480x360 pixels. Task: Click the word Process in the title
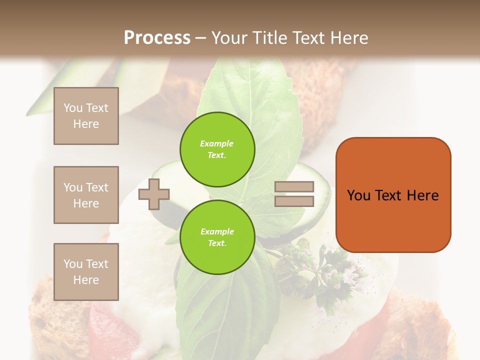click(x=157, y=38)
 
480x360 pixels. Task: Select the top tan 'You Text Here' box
click(x=86, y=116)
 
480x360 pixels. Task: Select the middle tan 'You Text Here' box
click(x=86, y=195)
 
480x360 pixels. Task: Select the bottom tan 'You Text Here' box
click(x=86, y=271)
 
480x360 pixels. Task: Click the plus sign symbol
click(x=154, y=193)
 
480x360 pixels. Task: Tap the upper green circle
click(x=217, y=149)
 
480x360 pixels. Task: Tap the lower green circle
click(x=217, y=237)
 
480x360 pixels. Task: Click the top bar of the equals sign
click(x=294, y=186)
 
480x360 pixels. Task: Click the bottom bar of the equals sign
click(x=294, y=201)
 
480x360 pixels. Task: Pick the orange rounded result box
click(x=393, y=194)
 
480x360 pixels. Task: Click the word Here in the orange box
click(x=423, y=195)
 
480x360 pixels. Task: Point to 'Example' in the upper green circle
click(x=217, y=143)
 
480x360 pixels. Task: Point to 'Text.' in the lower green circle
click(x=217, y=243)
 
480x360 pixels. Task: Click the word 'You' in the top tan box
click(x=73, y=108)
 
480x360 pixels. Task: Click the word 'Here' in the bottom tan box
click(x=86, y=280)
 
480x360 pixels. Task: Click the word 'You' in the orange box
click(x=358, y=195)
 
